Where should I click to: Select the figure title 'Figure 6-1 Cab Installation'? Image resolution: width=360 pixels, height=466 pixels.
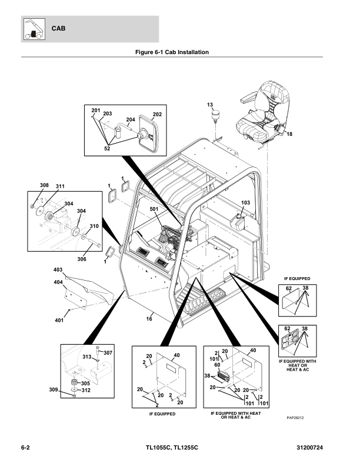tap(172, 52)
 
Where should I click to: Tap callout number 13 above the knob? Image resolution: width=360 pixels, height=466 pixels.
tap(209, 105)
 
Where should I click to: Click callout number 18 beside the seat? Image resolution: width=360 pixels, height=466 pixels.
tap(289, 135)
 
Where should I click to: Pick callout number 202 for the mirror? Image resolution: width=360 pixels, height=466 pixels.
tap(157, 115)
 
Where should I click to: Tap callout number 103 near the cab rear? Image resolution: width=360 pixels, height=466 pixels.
tap(245, 202)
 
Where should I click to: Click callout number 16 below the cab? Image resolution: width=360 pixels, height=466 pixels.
tap(149, 318)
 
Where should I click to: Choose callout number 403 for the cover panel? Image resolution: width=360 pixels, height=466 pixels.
tap(58, 269)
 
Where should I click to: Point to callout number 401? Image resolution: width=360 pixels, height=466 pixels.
tap(59, 321)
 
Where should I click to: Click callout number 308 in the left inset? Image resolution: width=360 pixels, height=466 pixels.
tap(44, 186)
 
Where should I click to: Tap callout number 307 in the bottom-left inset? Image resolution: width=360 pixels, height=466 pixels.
tap(108, 352)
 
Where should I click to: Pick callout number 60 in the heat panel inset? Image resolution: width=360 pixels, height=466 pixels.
tap(218, 365)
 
